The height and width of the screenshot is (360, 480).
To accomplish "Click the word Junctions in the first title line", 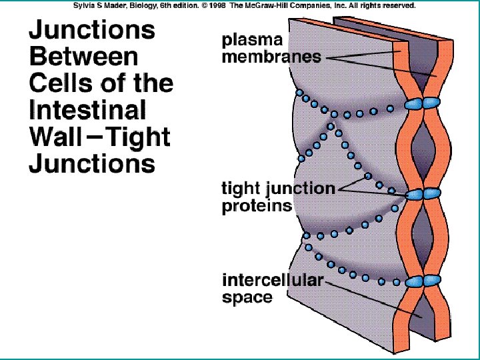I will [x=92, y=31].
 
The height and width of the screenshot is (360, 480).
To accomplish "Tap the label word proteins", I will [x=257, y=205].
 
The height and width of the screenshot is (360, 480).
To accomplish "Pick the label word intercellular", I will [x=272, y=281].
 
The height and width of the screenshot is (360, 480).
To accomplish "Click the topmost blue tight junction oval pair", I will [x=422, y=103].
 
